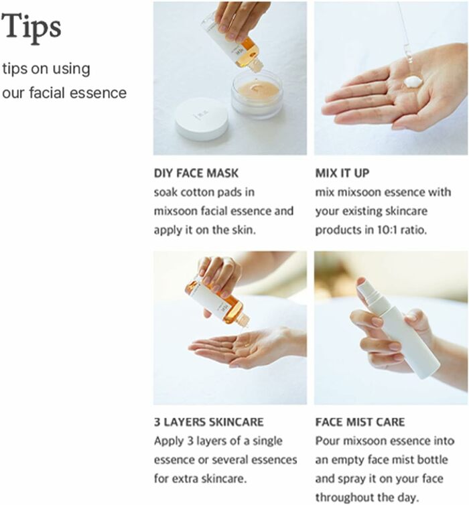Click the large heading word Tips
point(31,27)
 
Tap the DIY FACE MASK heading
point(196,173)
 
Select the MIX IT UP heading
point(342,173)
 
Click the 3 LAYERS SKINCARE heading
point(209,422)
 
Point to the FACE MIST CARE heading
point(360,422)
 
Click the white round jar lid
point(202,119)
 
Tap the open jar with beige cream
point(257,94)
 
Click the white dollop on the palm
point(412,82)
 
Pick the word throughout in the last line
point(344,498)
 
